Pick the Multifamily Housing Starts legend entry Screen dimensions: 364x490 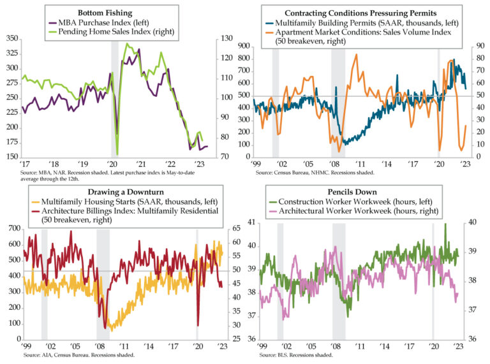tap(128, 201)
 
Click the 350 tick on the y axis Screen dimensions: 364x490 tap(11, 39)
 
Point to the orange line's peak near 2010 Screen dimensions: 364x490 tap(355, 55)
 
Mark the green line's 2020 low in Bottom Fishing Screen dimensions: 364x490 tap(118, 154)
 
